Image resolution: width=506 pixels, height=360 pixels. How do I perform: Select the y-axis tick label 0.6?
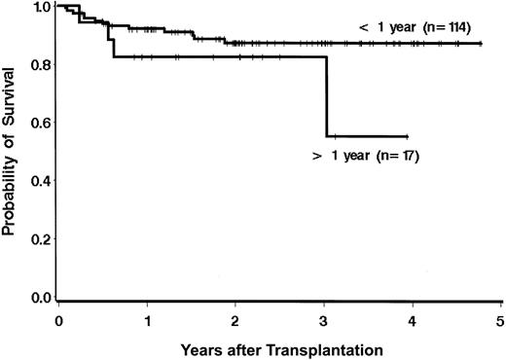click(40, 124)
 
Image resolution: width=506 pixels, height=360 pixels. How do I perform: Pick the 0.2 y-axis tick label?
click(40, 239)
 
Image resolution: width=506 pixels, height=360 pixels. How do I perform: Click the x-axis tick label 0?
click(58, 317)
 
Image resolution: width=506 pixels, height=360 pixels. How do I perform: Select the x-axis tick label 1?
click(147, 317)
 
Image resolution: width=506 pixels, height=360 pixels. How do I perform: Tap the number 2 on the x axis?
click(235, 317)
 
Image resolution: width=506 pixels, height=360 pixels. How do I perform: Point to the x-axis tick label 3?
click(324, 317)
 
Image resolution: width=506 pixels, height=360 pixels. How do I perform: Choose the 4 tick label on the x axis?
click(412, 317)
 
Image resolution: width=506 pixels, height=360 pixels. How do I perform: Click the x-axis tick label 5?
click(499, 317)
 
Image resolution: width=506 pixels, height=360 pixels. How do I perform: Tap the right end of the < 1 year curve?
click(481, 43)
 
